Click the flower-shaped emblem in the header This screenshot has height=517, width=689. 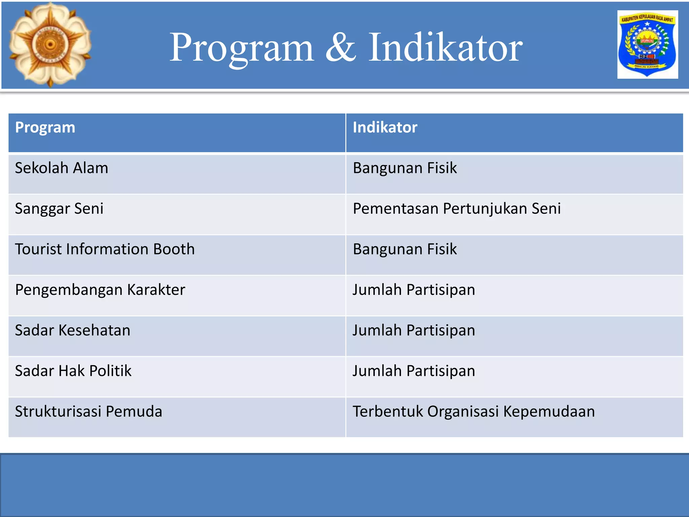pyautogui.click(x=50, y=44)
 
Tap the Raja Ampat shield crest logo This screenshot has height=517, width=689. pyautogui.click(x=647, y=44)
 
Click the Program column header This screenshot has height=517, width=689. pyautogui.click(x=45, y=128)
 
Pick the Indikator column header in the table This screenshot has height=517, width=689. pyautogui.click(x=385, y=128)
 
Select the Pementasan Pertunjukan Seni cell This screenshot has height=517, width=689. pyautogui.click(x=457, y=209)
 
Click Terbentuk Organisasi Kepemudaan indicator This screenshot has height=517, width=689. pyautogui.click(x=473, y=411)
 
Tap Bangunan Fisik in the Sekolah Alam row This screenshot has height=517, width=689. pyautogui.click(x=405, y=168)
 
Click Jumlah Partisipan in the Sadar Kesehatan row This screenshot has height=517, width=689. pyautogui.click(x=413, y=330)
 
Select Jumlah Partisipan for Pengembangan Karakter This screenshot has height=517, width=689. pyautogui.click(x=413, y=290)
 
